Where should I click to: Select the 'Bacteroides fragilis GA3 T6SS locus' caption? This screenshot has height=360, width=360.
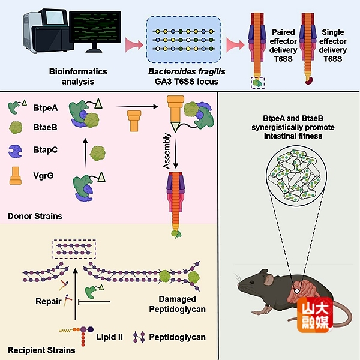(x=184, y=76)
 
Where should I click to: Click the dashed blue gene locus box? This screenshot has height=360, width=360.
(x=183, y=38)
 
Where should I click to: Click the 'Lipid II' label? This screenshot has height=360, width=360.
(x=110, y=337)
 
